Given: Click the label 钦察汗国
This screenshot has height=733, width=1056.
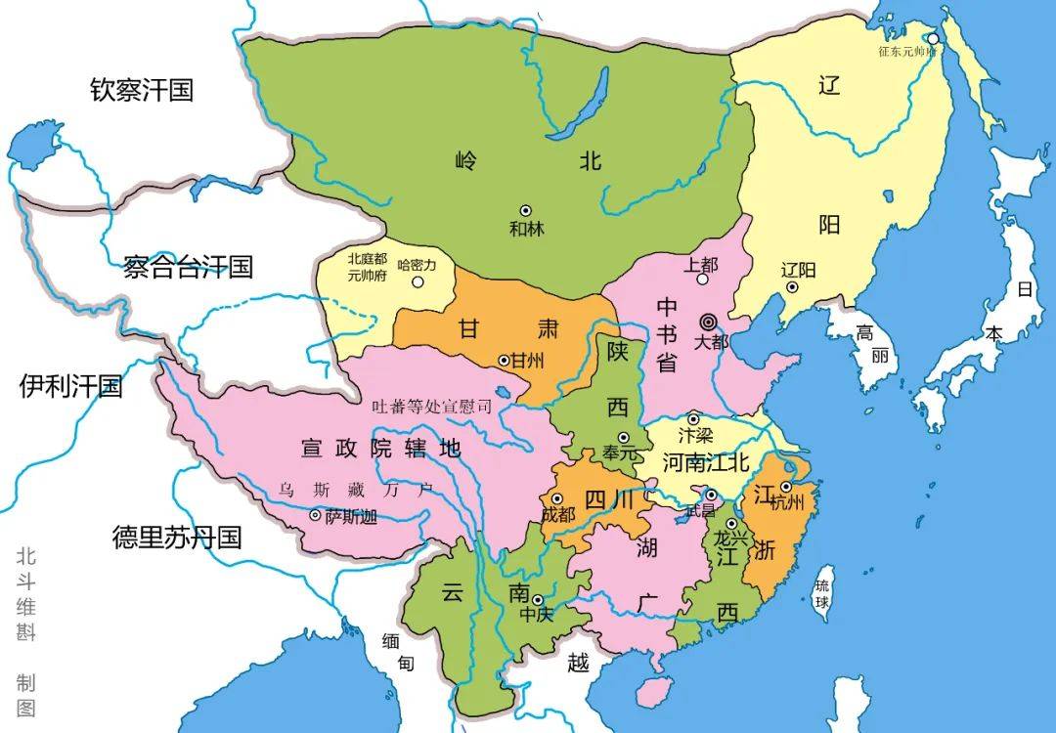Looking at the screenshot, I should point(142,91).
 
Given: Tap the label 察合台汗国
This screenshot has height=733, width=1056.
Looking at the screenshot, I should point(188,267).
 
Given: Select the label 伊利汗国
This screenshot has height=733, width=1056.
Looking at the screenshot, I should point(71,387).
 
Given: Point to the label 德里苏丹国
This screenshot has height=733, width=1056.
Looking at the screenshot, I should point(176,537).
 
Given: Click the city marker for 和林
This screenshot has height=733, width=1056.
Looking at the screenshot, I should point(526,210).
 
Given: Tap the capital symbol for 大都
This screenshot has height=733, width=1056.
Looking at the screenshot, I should point(708,322).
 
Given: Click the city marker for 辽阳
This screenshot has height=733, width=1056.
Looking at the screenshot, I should point(793,287).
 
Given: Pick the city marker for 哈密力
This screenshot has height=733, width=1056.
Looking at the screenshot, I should point(418,282).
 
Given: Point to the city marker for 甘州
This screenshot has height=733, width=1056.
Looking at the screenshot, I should point(505,361).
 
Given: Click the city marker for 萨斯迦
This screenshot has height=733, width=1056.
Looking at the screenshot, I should point(315,515).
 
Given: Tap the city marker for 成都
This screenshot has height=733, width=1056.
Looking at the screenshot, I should point(557,498).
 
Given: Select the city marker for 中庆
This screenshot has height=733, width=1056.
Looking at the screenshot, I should point(537,600).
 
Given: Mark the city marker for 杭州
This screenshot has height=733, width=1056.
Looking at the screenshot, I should point(786,487).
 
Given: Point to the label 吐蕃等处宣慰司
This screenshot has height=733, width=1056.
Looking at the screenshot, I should point(431,407).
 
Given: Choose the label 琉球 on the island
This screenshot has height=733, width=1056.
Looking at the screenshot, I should point(824,592).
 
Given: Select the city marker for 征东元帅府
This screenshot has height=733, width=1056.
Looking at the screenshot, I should point(934,39).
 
